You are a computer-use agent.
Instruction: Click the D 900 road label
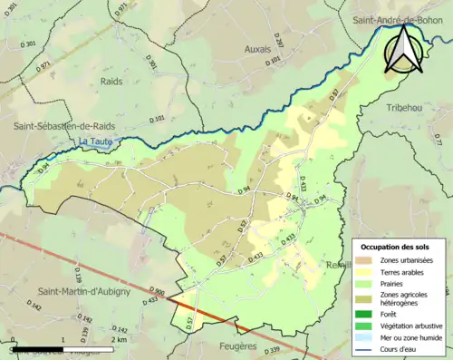click(x=154, y=292)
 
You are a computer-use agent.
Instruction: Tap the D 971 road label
click(x=121, y=9)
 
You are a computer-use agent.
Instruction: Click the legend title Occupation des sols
click(x=396, y=247)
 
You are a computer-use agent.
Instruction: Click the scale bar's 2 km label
click(x=119, y=340)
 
